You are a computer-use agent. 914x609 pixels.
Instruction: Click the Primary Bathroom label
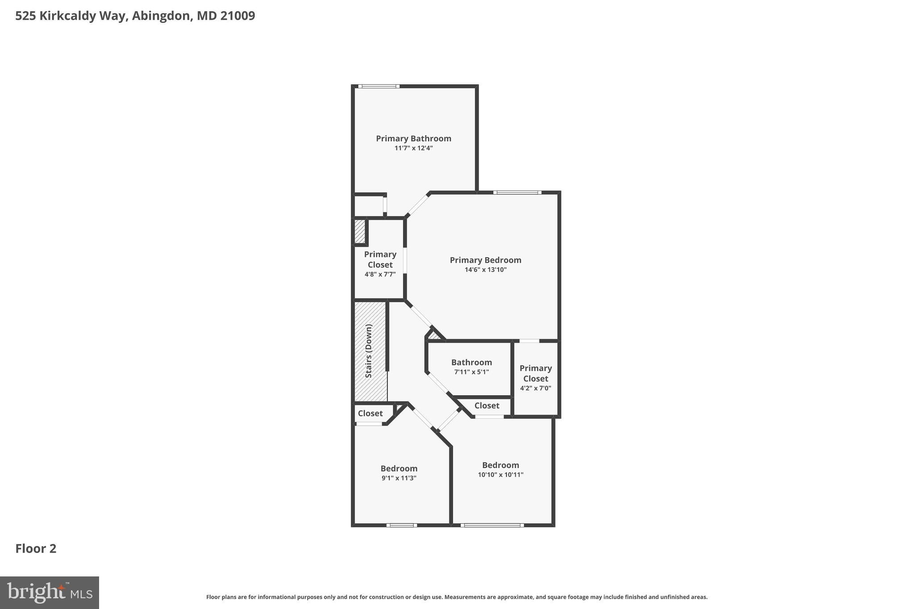(x=413, y=138)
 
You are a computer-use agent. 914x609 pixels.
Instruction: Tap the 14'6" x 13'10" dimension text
(x=486, y=269)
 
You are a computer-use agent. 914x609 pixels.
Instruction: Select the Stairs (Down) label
(x=369, y=351)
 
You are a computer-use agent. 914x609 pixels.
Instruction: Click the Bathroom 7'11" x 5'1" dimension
(x=471, y=372)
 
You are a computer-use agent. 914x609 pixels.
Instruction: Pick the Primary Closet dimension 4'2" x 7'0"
(x=536, y=388)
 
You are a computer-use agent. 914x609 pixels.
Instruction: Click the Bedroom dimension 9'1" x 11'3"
(x=399, y=478)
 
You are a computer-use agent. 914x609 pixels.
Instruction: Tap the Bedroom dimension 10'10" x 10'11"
(x=500, y=475)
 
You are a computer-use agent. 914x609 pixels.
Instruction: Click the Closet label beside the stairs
(x=370, y=413)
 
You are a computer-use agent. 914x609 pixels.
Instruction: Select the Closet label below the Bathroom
(x=486, y=406)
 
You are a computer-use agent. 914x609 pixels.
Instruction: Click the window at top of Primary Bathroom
(x=378, y=86)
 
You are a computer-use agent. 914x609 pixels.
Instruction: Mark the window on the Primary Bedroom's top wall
(x=517, y=192)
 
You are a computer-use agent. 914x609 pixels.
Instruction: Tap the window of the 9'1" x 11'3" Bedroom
(x=402, y=525)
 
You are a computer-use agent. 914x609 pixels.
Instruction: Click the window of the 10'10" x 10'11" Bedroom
(x=492, y=525)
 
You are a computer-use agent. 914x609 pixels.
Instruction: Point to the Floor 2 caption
(x=36, y=548)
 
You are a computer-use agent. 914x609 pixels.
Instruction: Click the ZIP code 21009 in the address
(x=237, y=16)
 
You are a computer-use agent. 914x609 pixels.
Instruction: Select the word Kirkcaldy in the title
(x=74, y=16)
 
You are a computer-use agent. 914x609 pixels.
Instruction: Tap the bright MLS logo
(x=50, y=592)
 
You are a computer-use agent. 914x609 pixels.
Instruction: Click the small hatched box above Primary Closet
(x=360, y=232)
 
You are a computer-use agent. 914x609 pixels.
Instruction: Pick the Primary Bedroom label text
(x=485, y=260)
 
